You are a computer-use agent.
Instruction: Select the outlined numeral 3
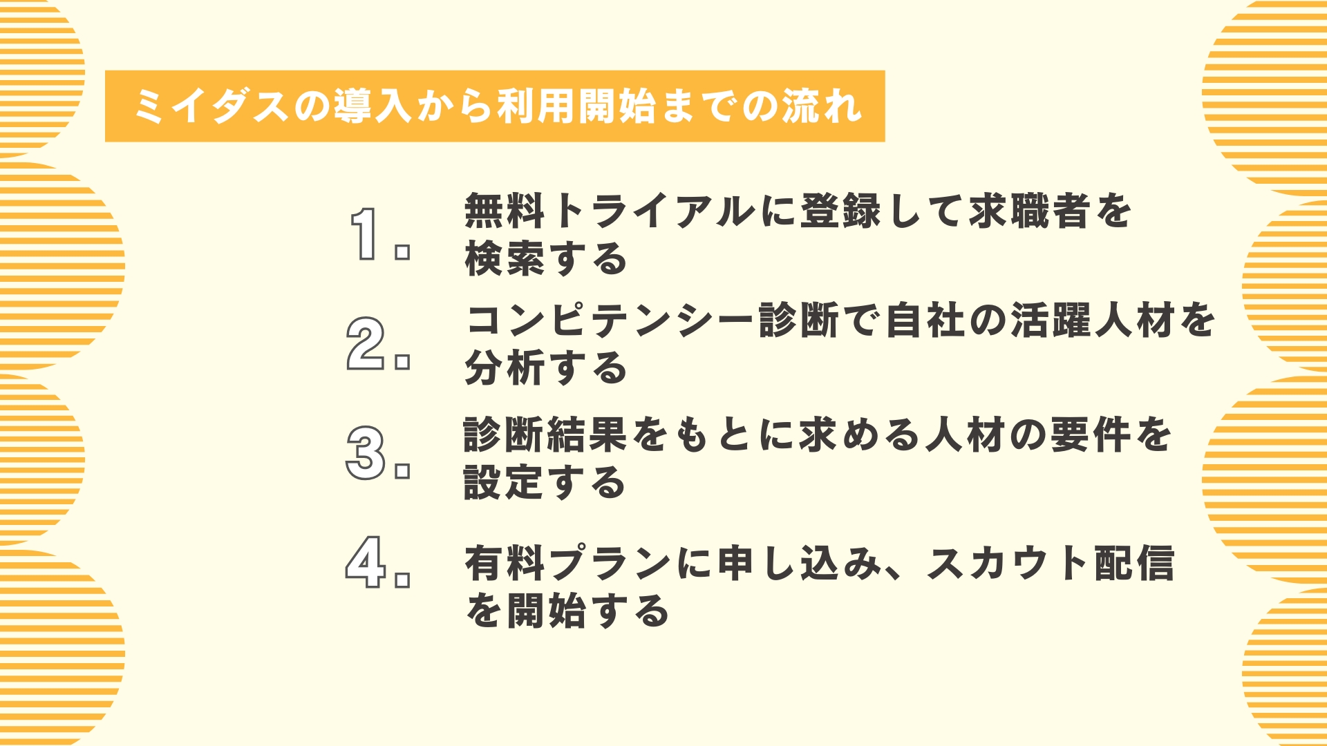pyautogui.click(x=365, y=452)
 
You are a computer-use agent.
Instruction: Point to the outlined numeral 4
pyautogui.click(x=366, y=562)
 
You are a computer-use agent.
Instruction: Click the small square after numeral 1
pyautogui.click(x=402, y=252)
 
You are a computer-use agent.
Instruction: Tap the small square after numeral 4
pyautogui.click(x=402, y=580)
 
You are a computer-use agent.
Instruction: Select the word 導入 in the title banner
pyautogui.click(x=374, y=106)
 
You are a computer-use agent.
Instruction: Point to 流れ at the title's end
pyautogui.click(x=822, y=106)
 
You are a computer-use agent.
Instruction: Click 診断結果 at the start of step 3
pyautogui.click(x=545, y=435)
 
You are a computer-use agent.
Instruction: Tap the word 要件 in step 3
pyautogui.click(x=1091, y=435)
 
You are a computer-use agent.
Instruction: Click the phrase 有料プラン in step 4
pyautogui.click(x=568, y=563)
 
